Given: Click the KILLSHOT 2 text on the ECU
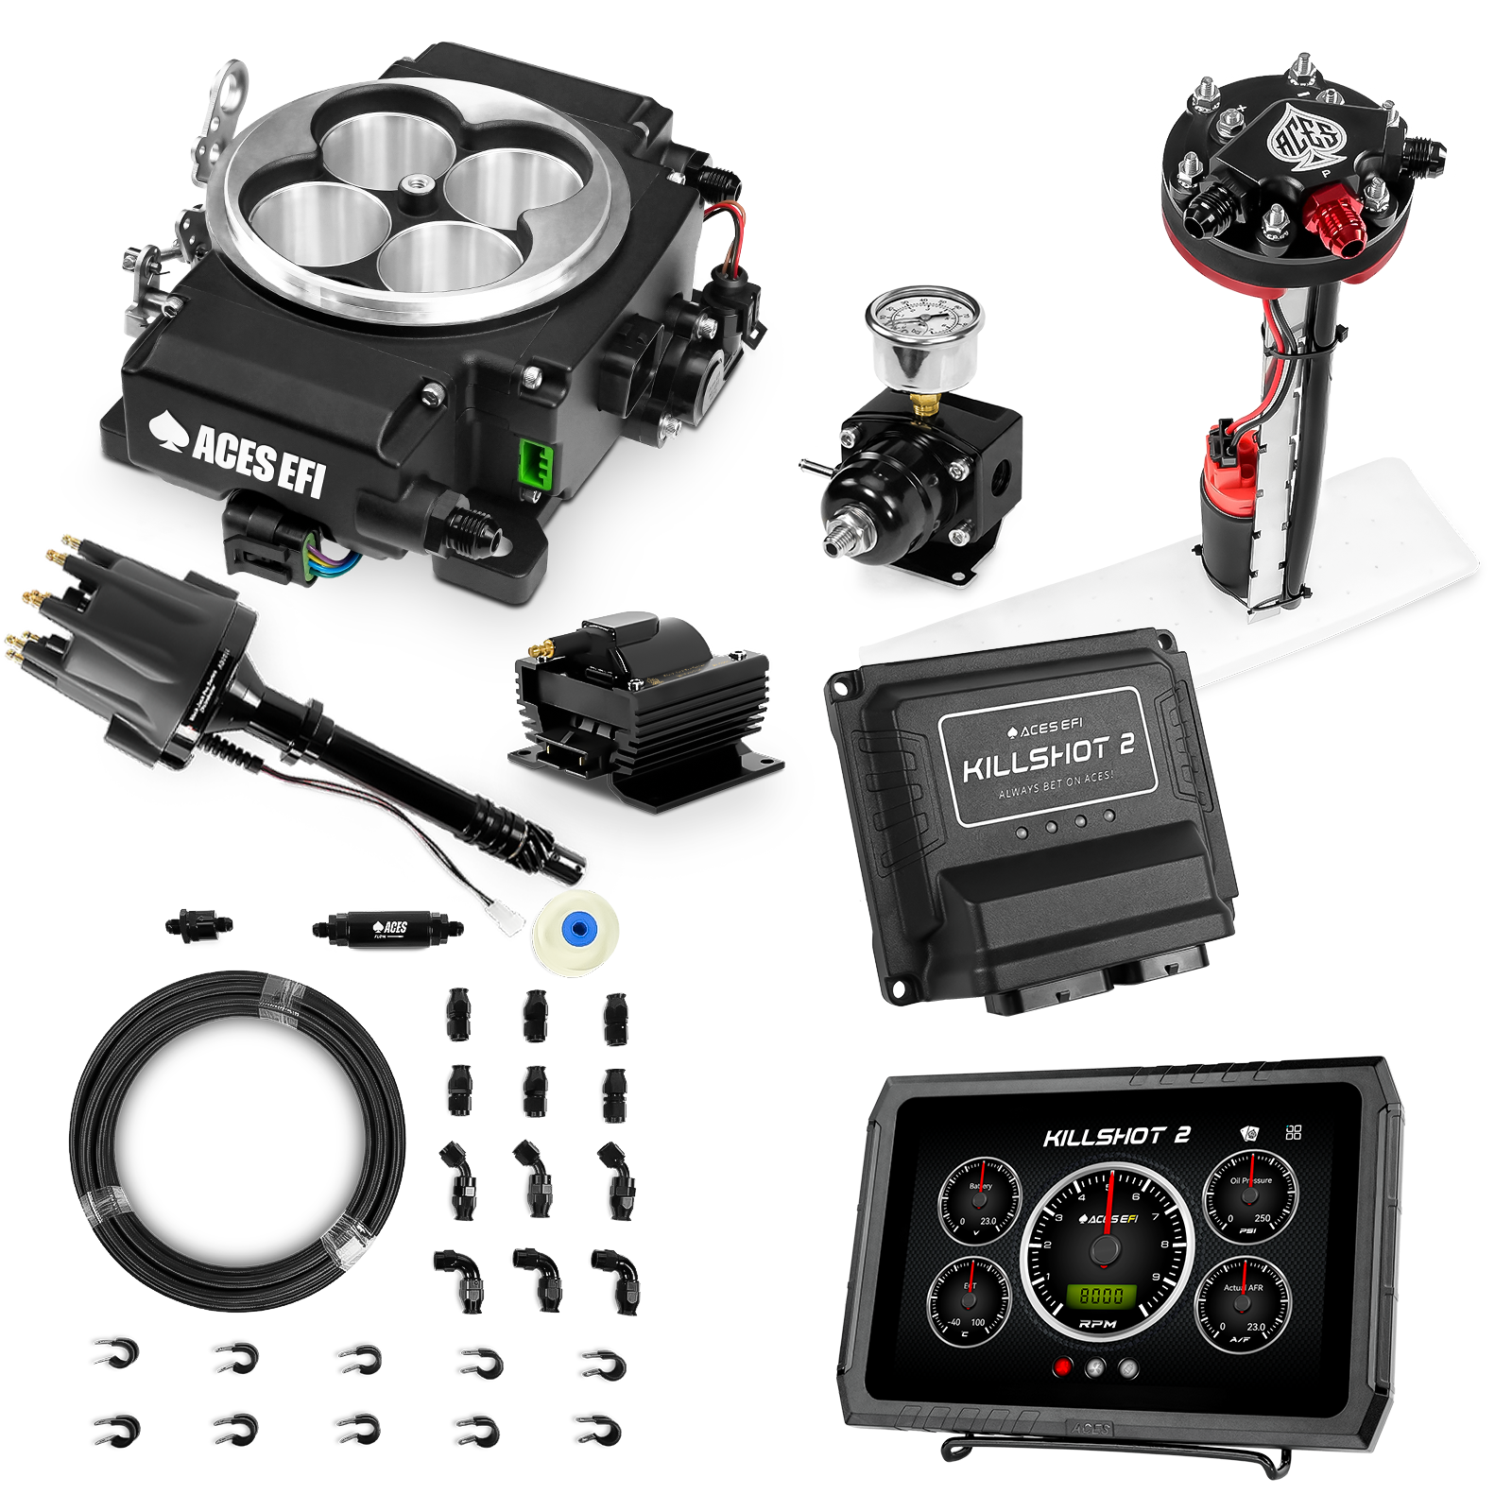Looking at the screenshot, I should point(1048,755).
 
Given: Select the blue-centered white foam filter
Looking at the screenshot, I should point(576,931).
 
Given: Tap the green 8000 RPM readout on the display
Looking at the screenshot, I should point(1102,1296).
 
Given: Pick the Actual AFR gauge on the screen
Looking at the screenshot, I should point(1242,1305).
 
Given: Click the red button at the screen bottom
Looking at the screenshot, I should point(1063,1366).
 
